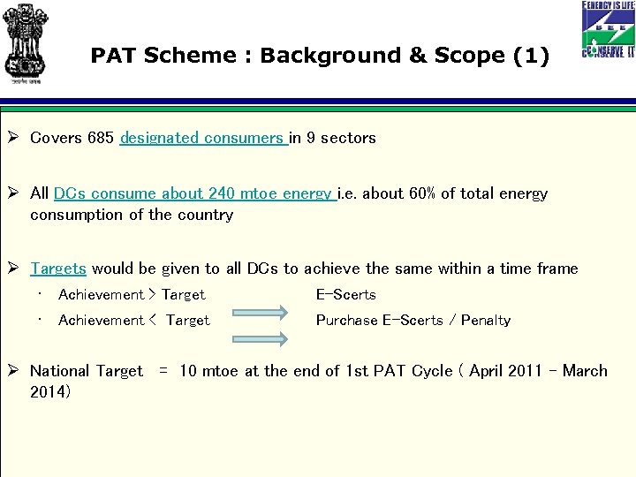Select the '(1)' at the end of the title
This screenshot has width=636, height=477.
coord(530,56)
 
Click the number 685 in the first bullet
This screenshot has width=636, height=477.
coord(100,138)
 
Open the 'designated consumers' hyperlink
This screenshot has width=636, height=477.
coord(203,138)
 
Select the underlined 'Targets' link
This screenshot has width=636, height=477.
coord(58,269)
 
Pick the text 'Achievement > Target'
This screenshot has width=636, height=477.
coord(132,295)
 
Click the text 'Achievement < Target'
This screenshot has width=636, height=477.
coord(133,321)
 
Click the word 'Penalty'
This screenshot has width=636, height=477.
coord(485,321)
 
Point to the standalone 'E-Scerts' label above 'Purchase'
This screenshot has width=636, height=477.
coord(345,295)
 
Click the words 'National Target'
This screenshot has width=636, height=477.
coord(86,371)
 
